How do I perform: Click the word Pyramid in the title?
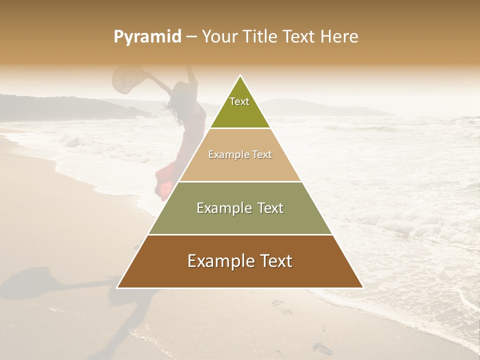point(147,36)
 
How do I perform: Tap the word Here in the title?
point(339,36)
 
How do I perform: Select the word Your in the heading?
point(219,36)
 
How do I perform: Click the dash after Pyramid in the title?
point(191,37)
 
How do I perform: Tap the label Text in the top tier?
point(239,101)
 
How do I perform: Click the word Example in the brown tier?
point(219,261)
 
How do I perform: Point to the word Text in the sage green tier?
point(267,208)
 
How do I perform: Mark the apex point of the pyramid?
point(240,76)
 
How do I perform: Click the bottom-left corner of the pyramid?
point(117,287)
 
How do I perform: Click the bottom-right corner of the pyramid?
point(362,287)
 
